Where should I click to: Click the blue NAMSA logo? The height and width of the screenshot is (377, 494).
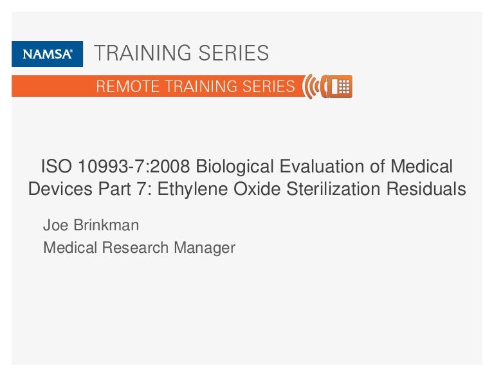[x=47, y=54]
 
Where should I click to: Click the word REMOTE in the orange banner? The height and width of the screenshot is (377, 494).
[x=127, y=86]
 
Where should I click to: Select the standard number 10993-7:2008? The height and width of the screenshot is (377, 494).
[x=134, y=166]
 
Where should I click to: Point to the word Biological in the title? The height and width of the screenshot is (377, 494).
[x=235, y=167]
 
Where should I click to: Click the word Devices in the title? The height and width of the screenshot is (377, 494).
[x=60, y=188]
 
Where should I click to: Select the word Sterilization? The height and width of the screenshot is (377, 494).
[x=333, y=188]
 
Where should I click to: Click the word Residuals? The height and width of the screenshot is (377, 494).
[x=426, y=188]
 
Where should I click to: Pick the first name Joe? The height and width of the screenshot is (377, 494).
[x=56, y=225]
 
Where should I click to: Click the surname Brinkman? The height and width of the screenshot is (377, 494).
[x=106, y=225]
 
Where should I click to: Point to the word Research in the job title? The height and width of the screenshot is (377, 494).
[x=135, y=248]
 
